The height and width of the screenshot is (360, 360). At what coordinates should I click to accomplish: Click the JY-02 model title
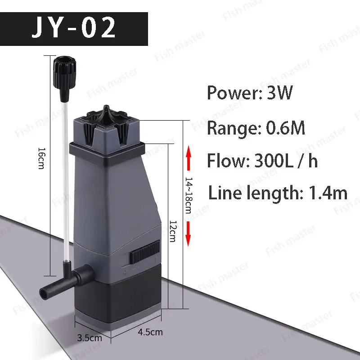click(74, 29)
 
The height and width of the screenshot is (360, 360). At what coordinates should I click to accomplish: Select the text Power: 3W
click(250, 94)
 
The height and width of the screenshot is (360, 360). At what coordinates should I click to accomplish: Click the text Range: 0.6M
click(256, 128)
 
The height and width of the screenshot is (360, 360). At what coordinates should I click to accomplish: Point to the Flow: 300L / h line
click(262, 161)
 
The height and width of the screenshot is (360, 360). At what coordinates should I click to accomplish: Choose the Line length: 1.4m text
click(278, 193)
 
